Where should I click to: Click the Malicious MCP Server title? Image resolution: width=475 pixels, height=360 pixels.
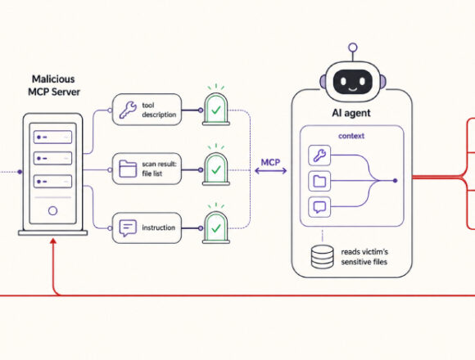[x=54, y=85]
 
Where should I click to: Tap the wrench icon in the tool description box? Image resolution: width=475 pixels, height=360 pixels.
[x=127, y=110]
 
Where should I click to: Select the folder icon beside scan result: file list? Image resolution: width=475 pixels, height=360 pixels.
[x=128, y=169]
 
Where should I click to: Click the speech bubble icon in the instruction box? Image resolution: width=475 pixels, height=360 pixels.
[x=128, y=227]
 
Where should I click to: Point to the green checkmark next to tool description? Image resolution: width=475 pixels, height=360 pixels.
[x=216, y=110]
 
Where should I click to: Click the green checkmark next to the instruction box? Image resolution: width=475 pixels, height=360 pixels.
[x=216, y=228]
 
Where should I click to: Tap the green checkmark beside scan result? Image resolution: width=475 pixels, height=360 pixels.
[x=216, y=170]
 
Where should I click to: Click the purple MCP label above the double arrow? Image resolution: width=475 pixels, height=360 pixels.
[x=270, y=163]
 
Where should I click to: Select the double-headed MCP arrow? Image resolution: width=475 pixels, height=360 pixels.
[x=270, y=171]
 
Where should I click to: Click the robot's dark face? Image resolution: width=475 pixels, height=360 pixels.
[x=353, y=82]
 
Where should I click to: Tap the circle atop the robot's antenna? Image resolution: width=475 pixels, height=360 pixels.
[x=353, y=47]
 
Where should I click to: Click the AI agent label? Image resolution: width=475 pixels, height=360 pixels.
[x=351, y=113]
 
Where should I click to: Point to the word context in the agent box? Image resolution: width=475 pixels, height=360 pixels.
[x=351, y=136]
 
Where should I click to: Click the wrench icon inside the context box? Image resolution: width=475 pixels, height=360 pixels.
[x=319, y=155]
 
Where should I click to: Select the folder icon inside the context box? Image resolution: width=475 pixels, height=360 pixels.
[x=319, y=181]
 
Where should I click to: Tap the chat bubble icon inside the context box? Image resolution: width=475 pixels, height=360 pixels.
[x=319, y=207]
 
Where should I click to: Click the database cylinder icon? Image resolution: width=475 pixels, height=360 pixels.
[x=323, y=257]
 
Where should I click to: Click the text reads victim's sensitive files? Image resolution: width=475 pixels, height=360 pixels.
[x=364, y=257]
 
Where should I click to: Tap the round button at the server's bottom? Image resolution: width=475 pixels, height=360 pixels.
[x=52, y=211]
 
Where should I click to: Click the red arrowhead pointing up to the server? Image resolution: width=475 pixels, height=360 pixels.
[x=53, y=241]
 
